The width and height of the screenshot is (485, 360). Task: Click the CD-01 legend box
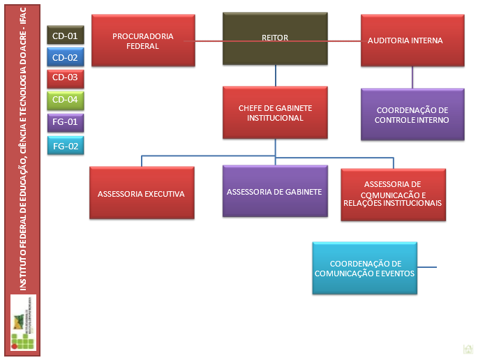click(65, 35)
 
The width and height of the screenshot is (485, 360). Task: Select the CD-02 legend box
click(65, 57)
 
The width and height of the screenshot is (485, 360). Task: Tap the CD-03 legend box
click(65, 77)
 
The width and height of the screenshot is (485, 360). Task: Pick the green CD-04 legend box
click(65, 100)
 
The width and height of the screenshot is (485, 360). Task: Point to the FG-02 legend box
click(65, 145)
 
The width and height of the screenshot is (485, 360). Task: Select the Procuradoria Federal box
click(142, 41)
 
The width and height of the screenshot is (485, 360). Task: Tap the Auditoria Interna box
click(412, 41)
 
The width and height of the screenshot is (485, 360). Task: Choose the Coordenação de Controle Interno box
click(412, 114)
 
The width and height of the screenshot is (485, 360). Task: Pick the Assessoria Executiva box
click(142, 193)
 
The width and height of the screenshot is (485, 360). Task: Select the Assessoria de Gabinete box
click(274, 190)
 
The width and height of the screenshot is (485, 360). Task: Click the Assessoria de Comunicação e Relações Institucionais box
click(393, 193)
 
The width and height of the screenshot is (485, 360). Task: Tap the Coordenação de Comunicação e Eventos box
click(365, 268)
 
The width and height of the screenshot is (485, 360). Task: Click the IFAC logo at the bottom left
click(24, 322)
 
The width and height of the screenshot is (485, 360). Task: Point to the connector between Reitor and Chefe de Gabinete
click(275, 75)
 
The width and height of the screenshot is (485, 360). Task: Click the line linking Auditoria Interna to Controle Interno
click(412, 77)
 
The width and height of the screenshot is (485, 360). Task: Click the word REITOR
click(275, 38)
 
